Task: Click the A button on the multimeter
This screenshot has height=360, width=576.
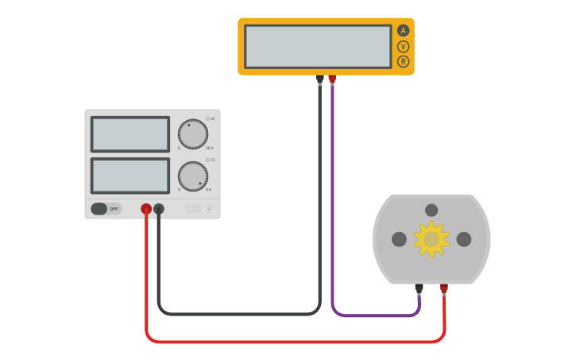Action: pyautogui.click(x=403, y=31)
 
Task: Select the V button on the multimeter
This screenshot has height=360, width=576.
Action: pyautogui.click(x=403, y=46)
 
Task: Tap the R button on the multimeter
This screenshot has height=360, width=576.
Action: pyautogui.click(x=403, y=61)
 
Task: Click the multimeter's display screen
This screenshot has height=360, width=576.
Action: pyautogui.click(x=318, y=46)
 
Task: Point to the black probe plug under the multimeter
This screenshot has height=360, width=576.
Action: pyautogui.click(x=319, y=79)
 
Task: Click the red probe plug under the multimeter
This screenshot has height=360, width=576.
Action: pyautogui.click(x=332, y=79)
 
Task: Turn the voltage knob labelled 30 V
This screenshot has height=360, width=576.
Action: pyautogui.click(x=192, y=134)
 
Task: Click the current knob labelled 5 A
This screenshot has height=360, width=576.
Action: pyautogui.click(x=192, y=176)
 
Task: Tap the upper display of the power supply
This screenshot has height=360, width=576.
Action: pyautogui.click(x=130, y=134)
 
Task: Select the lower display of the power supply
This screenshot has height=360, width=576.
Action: pyautogui.click(x=130, y=175)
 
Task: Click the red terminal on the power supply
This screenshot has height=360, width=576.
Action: pyautogui.click(x=146, y=209)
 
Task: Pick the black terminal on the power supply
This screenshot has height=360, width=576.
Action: pyautogui.click(x=158, y=209)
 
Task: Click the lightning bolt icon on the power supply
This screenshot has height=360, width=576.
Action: pyautogui.click(x=210, y=209)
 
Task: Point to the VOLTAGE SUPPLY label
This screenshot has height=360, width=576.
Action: pyautogui.click(x=194, y=209)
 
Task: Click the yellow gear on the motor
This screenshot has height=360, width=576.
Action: pyautogui.click(x=431, y=239)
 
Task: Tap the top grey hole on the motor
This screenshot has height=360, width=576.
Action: pyautogui.click(x=431, y=211)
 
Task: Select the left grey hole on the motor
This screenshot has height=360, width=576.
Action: pyautogui.click(x=399, y=239)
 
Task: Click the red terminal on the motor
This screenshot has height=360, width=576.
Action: pyautogui.click(x=443, y=288)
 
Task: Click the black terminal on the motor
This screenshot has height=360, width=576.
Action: pyautogui.click(x=419, y=288)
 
